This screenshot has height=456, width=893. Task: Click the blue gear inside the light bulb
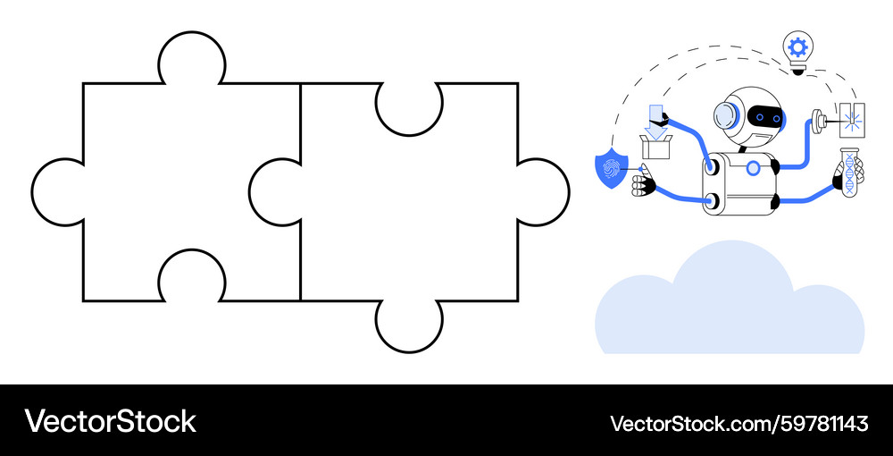coord(797,46)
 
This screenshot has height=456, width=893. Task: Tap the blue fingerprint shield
coord(611,169)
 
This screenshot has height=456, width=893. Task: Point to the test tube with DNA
coord(849,173)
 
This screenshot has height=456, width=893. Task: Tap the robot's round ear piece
coord(725,116)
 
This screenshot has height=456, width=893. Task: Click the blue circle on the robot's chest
coord(753,168)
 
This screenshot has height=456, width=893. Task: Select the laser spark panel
coord(853,120)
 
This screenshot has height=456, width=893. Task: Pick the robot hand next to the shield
coord(644,185)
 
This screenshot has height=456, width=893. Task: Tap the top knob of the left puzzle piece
coord(192,58)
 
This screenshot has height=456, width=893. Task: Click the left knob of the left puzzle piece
coord(57,192)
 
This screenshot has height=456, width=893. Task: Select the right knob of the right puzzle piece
coord(543,192)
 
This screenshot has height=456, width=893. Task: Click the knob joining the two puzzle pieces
coord(275,192)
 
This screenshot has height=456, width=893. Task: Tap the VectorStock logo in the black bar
coord(110,421)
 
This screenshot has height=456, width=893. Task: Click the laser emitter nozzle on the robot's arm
coord(820,121)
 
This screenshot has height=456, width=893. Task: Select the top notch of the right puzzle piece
coord(409,109)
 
